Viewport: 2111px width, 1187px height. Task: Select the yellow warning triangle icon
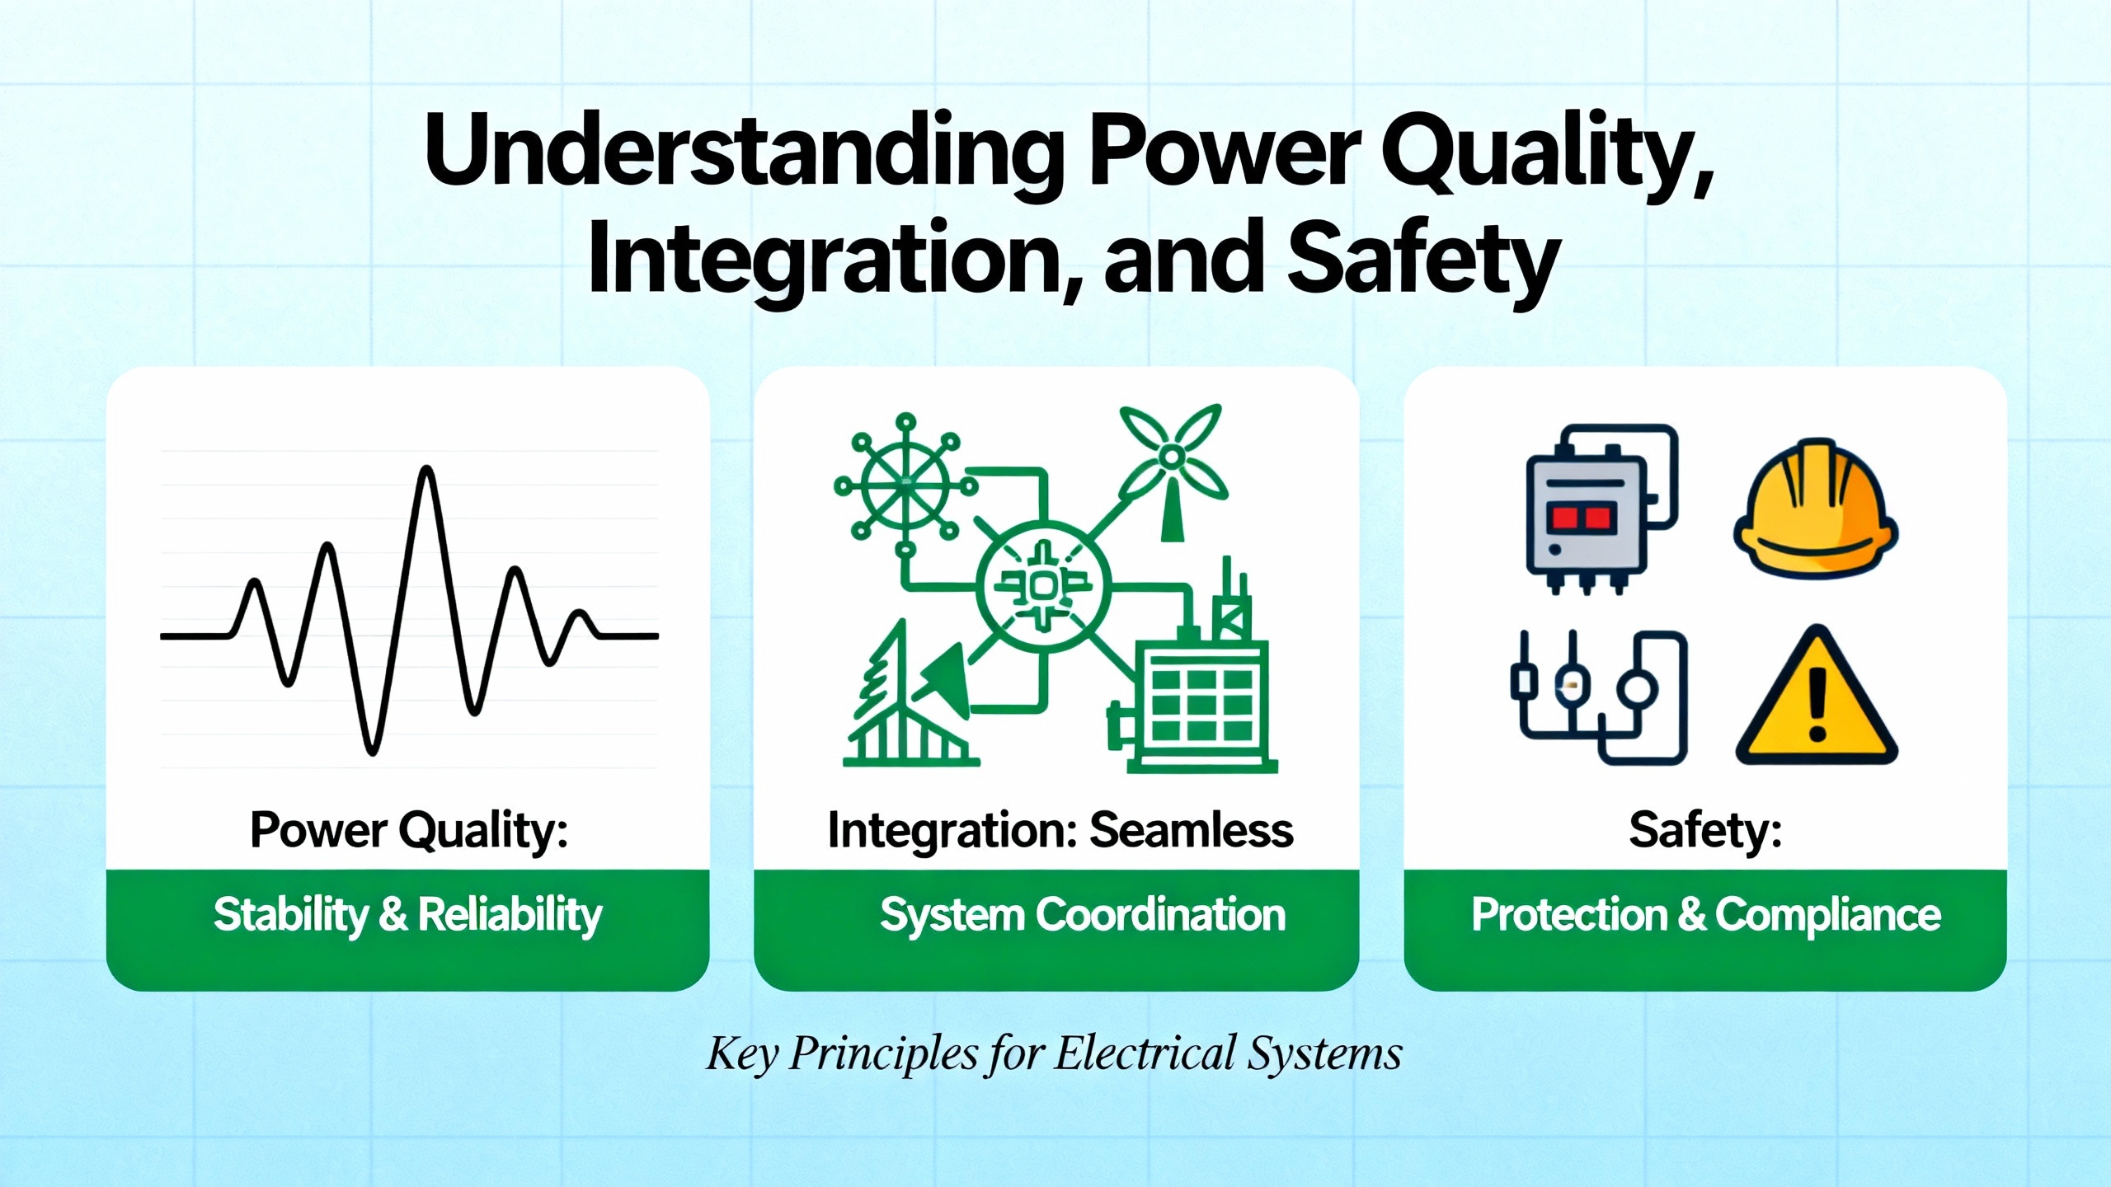[x=1817, y=697]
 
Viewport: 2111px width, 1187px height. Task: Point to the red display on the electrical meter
[x=1581, y=518]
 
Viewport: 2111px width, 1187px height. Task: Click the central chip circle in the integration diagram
[x=1044, y=586]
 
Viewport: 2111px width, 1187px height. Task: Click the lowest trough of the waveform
[x=372, y=751]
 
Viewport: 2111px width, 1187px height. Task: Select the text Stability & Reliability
[x=408, y=915]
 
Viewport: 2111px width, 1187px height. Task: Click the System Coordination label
[x=1083, y=915]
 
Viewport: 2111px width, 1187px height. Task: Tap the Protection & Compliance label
[x=1706, y=915]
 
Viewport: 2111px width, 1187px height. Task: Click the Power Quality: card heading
[x=409, y=830]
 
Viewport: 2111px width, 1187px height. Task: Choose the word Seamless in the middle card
[x=1192, y=829]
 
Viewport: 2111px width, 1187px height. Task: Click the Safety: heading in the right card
[x=1705, y=829]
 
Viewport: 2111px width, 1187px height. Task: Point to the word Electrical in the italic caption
[x=1146, y=1053]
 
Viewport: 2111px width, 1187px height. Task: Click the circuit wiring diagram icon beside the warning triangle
[x=1598, y=697]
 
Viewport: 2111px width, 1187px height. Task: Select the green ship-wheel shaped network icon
[x=906, y=486]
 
